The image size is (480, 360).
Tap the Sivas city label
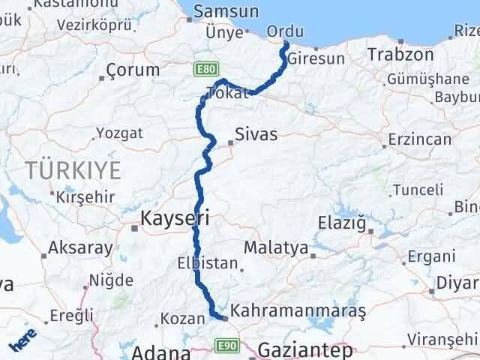click(x=255, y=134)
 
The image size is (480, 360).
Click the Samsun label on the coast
click(x=226, y=12)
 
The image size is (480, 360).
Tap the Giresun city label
click(x=315, y=58)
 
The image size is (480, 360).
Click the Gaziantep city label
click(x=304, y=349)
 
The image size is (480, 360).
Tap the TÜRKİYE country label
click(x=73, y=170)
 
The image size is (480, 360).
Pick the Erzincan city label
click(x=420, y=139)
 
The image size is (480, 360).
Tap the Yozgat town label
click(x=119, y=134)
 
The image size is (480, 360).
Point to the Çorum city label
click(x=133, y=70)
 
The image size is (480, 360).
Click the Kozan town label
click(x=181, y=319)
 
